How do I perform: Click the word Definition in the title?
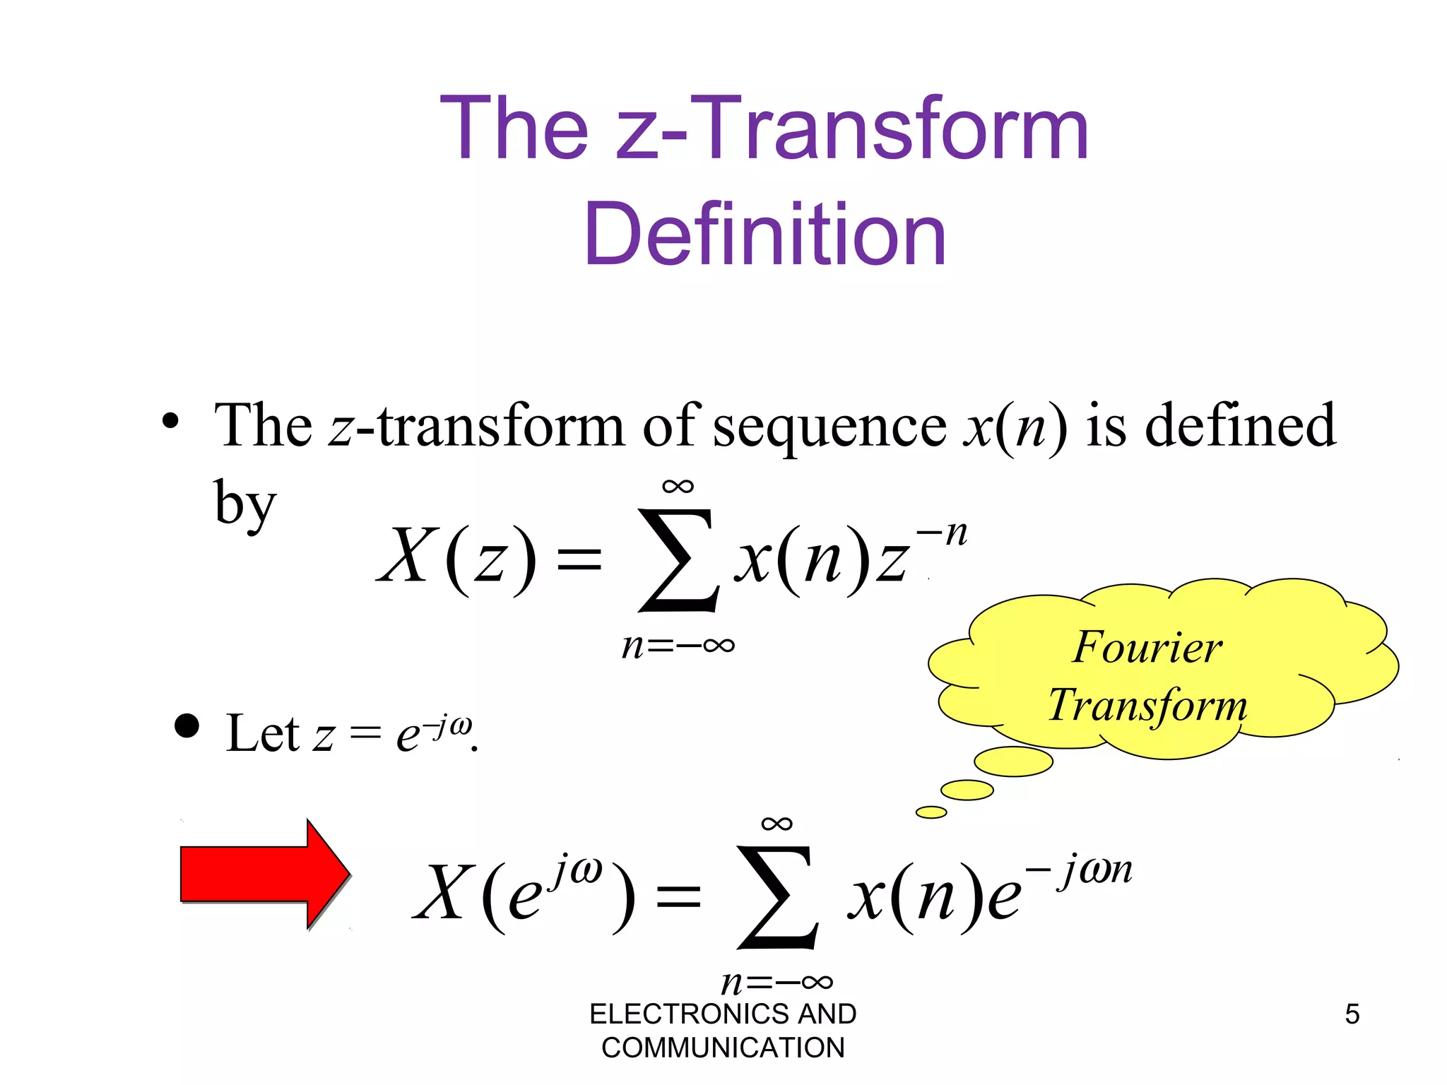764,235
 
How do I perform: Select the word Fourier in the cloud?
1147,647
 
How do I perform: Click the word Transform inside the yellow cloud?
1147,705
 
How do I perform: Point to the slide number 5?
1352,1014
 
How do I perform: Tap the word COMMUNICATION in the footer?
723,1048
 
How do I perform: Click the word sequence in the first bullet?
829,428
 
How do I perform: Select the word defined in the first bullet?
1240,425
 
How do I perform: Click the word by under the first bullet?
244,503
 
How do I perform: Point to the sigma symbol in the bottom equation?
777,897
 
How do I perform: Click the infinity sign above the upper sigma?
678,486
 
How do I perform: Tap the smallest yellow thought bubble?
931,812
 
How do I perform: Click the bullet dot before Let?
187,725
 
